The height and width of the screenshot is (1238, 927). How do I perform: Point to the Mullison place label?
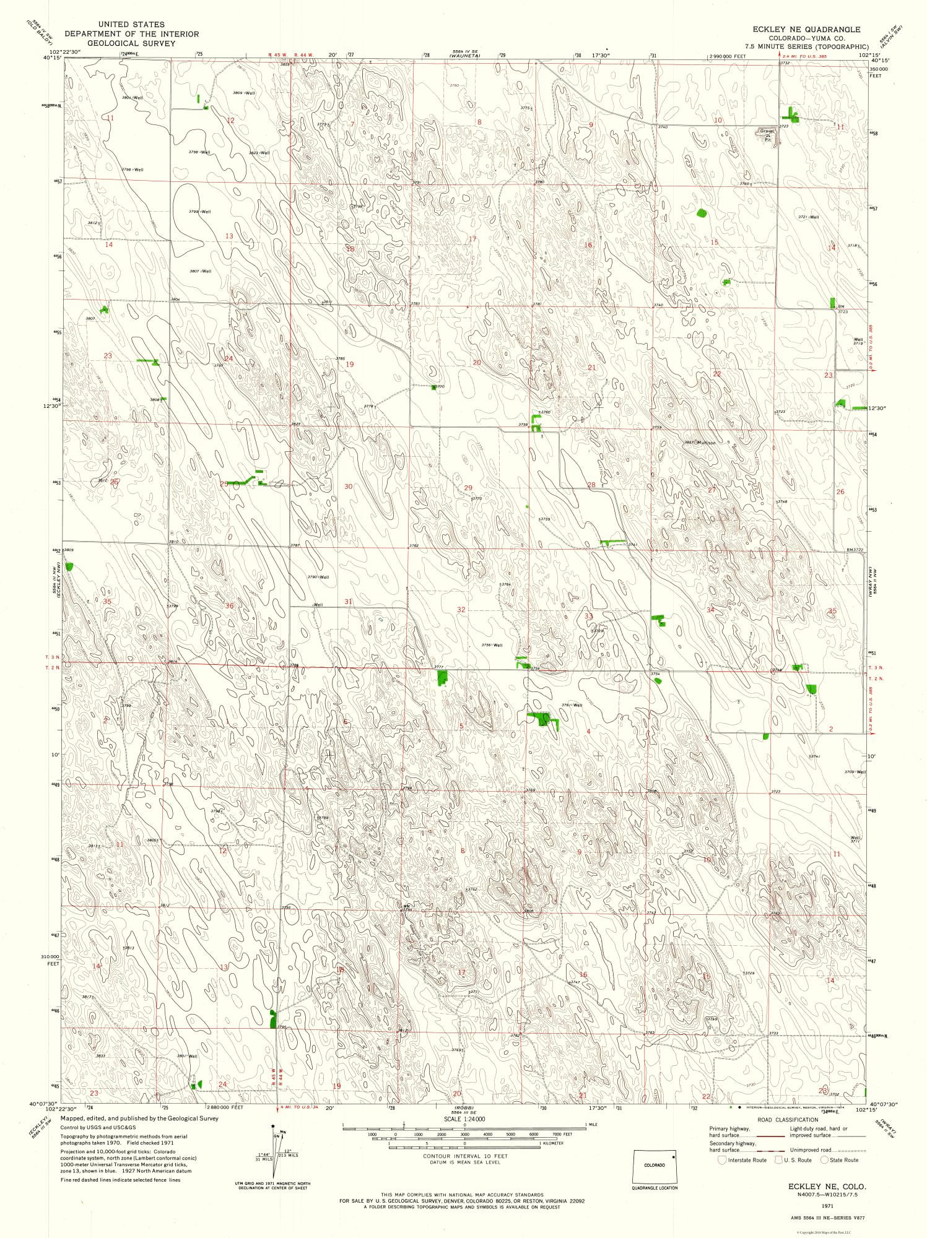click(706, 443)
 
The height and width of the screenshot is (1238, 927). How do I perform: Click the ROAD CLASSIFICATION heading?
click(787, 1120)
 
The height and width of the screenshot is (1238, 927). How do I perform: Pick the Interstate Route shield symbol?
click(722, 1160)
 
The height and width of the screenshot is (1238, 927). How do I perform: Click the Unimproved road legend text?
click(810, 1149)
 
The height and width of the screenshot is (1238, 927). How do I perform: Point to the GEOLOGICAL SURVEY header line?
click(131, 43)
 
